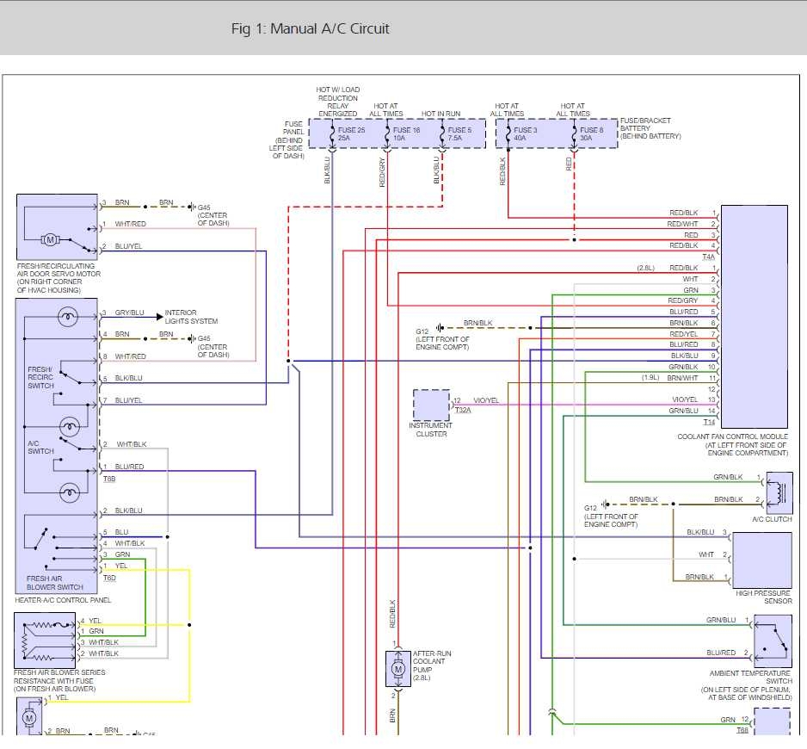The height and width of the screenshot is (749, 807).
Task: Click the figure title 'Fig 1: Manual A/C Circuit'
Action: point(310,28)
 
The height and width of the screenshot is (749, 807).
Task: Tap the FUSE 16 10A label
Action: point(407,133)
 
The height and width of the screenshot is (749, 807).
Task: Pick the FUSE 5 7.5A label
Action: point(459,133)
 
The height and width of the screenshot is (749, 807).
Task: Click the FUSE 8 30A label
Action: point(591,133)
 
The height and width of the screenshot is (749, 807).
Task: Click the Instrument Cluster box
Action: point(431,405)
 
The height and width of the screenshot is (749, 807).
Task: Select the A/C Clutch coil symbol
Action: point(779,492)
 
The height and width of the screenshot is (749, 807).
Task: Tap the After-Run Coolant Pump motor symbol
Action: point(397,668)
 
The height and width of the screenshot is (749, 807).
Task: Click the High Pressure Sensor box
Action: point(761,560)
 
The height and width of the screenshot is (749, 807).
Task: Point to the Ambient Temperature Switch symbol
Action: point(773,640)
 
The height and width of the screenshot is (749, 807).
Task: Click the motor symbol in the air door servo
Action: point(50,238)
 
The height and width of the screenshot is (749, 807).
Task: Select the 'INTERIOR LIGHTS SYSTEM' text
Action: point(191,317)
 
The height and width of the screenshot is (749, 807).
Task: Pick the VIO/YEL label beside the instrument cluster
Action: point(486,400)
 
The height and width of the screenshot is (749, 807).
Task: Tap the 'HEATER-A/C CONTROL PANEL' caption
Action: point(63,600)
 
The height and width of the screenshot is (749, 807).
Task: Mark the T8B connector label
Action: point(109,478)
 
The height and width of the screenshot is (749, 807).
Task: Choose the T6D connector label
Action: point(109,578)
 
